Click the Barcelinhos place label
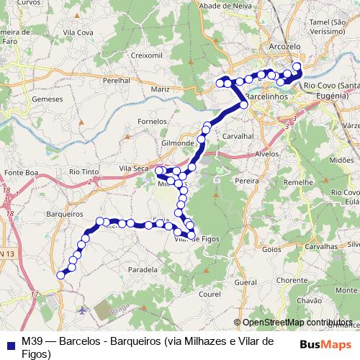coord(267,95)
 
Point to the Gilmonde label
coord(178,143)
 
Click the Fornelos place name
coord(152,122)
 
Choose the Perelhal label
coord(117,81)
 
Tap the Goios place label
coord(271,249)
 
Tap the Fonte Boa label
coord(20,173)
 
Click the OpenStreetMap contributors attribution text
coord(297,323)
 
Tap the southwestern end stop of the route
coord(63,274)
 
